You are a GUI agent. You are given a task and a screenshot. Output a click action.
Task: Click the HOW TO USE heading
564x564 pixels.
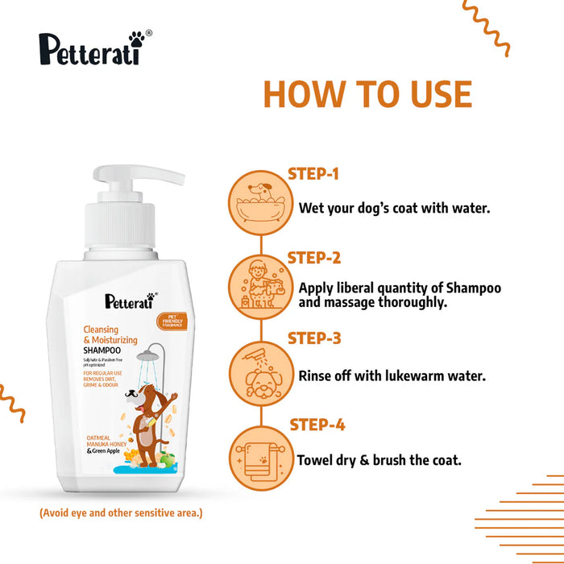point(367,94)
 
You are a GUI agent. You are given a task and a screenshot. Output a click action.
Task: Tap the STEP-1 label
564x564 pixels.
point(313,173)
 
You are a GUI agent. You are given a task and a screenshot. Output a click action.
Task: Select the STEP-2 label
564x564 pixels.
point(313,258)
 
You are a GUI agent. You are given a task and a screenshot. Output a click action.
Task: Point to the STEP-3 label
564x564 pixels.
point(313,338)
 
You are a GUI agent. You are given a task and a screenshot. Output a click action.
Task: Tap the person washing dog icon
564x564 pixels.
point(259,284)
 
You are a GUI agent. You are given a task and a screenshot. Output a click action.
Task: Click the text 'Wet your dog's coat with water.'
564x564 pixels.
point(395,208)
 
